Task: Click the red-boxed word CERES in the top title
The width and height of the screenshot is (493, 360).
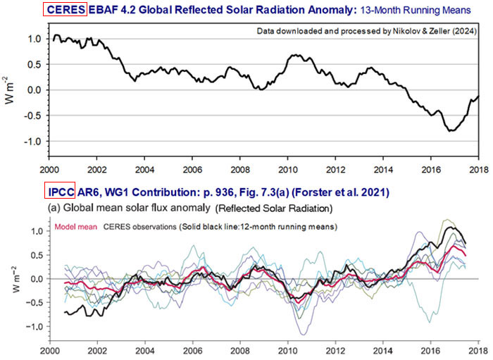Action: coord(65,11)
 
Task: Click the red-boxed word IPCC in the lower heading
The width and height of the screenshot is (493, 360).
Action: coord(59,192)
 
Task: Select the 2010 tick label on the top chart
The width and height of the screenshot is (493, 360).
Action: coord(288,171)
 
